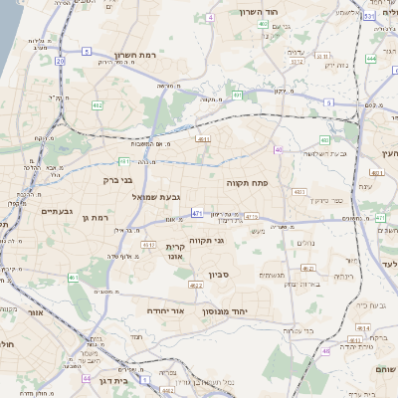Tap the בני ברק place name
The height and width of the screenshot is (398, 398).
pyautogui.click(x=117, y=181)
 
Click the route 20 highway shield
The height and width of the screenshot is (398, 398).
pyautogui.click(x=60, y=62)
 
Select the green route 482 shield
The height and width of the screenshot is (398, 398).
pyautogui.click(x=97, y=104)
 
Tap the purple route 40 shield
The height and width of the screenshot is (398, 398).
pyautogui.click(x=279, y=150)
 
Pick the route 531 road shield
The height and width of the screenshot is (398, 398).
pyautogui.click(x=369, y=16)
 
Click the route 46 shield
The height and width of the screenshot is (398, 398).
pyautogui.click(x=325, y=351)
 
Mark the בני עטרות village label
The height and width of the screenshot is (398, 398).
pyautogui.click(x=306, y=284)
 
